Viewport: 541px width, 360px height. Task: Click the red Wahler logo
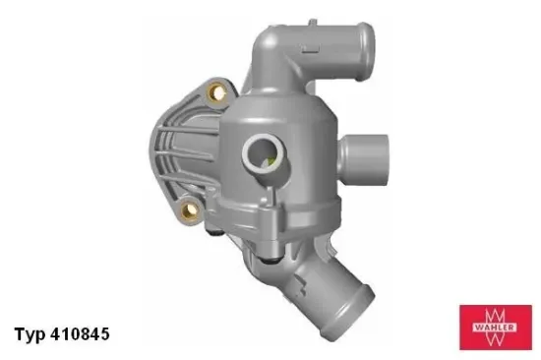pos(495,327)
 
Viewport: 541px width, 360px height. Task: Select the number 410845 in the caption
pos(77,333)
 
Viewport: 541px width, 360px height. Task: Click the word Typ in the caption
pos(30,334)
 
